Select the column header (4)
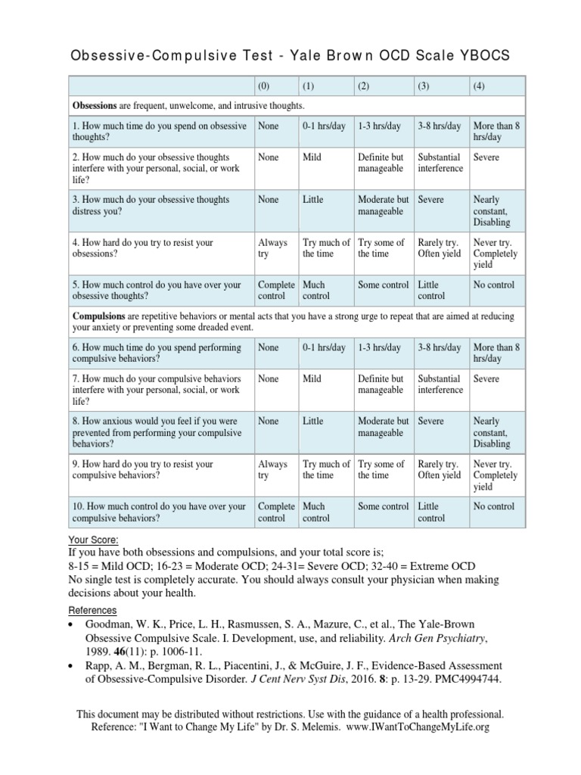pos(479,86)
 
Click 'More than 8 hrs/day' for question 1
pos(496,132)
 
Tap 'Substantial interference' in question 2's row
pos(440,163)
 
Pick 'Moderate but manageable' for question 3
pos(384,205)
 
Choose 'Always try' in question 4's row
pos(273,248)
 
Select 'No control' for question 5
pos(493,285)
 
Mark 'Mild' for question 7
pos(313,378)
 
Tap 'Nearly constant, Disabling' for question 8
pos(492,432)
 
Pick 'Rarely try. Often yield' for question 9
pos(440,469)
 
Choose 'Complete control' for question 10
pos(276,512)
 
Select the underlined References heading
pos(92,610)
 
